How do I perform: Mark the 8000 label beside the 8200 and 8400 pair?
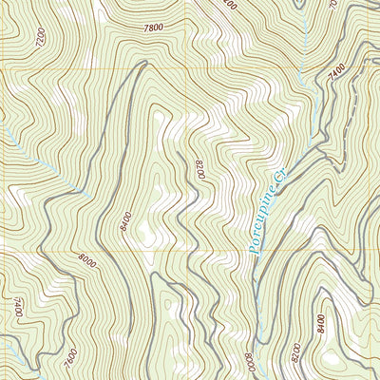[249, 361]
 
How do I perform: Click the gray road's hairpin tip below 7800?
[142, 65]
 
